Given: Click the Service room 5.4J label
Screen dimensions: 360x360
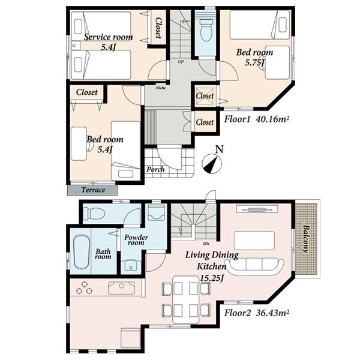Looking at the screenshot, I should [108, 41].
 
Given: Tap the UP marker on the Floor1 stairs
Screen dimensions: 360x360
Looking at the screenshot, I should [180, 61].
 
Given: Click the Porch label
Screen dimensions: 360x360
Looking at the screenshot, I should [156, 169].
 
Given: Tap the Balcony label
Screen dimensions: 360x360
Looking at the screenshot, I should [305, 239].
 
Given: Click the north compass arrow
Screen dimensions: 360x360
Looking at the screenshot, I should [211, 162].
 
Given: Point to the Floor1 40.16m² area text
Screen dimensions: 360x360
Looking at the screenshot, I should [257, 119].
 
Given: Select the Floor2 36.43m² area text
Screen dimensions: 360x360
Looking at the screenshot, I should [257, 313].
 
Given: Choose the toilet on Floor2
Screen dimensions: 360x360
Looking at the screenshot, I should [94, 213].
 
